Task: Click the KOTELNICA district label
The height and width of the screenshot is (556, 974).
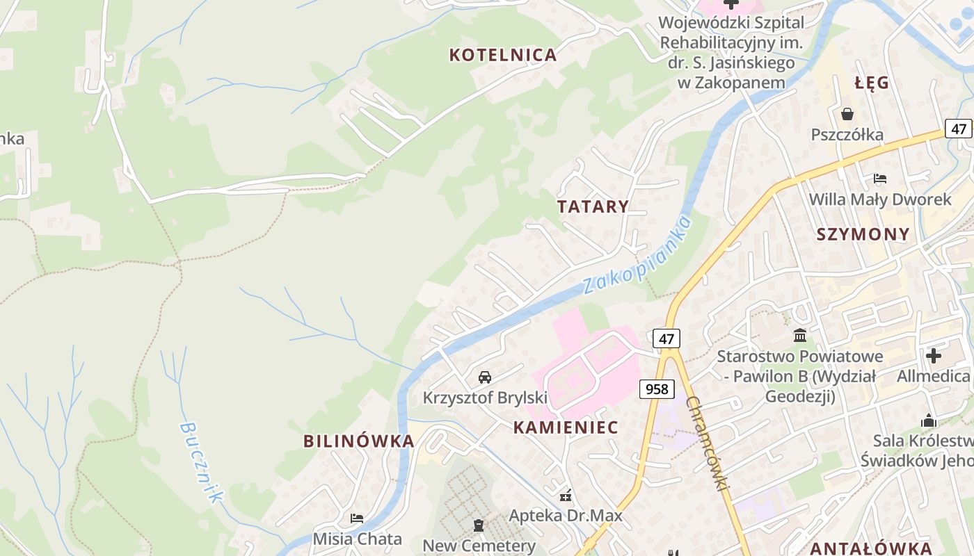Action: pos(503,55)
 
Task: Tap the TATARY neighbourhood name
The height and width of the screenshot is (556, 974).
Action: pos(593,206)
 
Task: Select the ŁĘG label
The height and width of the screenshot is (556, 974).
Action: pos(872,83)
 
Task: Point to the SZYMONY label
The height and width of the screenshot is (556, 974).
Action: pos(863,234)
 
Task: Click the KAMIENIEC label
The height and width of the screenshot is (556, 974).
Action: pos(566,427)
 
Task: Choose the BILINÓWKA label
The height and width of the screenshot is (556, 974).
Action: pos(358,441)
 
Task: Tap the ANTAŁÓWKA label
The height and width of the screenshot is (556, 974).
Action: pos(871,548)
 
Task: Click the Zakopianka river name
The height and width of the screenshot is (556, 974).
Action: pos(638,255)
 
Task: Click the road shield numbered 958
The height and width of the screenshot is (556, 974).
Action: pos(656,389)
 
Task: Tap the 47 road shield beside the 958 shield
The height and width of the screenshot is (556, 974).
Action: pos(666,339)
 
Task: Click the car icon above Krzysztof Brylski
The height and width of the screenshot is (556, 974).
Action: pos(485,377)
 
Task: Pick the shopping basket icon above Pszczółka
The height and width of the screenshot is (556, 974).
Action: pos(847,114)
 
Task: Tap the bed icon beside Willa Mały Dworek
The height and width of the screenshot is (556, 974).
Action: pos(880,179)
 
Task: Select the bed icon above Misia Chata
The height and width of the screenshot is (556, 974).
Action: pos(357,518)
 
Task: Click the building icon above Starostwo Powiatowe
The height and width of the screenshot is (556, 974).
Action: pos(800,336)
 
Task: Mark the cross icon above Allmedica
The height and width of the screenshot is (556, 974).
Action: pos(933,356)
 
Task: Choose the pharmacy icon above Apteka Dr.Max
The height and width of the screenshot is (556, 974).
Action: pos(566,496)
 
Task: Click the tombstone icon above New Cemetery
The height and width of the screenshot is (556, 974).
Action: pos(479,525)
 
